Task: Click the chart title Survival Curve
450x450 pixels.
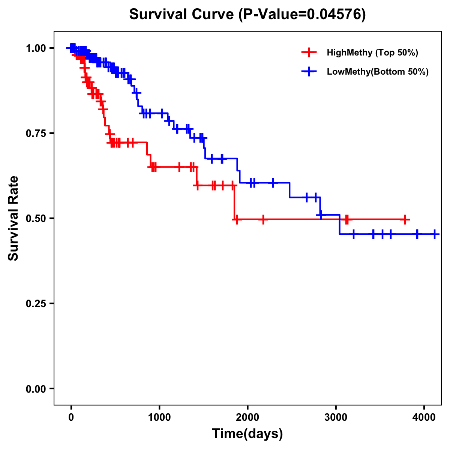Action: click(x=182, y=15)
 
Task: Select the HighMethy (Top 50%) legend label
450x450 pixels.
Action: click(x=372, y=52)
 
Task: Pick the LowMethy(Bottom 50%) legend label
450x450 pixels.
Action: click(x=378, y=72)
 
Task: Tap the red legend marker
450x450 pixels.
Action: click(x=309, y=52)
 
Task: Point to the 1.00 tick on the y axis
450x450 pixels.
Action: click(x=36, y=48)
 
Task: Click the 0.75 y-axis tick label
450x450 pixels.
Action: click(x=36, y=133)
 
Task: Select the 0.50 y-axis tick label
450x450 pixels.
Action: click(x=36, y=218)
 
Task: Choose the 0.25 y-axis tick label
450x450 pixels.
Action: click(x=36, y=303)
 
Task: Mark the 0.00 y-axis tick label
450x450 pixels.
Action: click(x=36, y=388)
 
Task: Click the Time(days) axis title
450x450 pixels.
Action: click(x=247, y=434)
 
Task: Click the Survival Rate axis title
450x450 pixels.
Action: click(x=13, y=218)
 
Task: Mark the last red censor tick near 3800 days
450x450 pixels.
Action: click(x=405, y=220)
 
